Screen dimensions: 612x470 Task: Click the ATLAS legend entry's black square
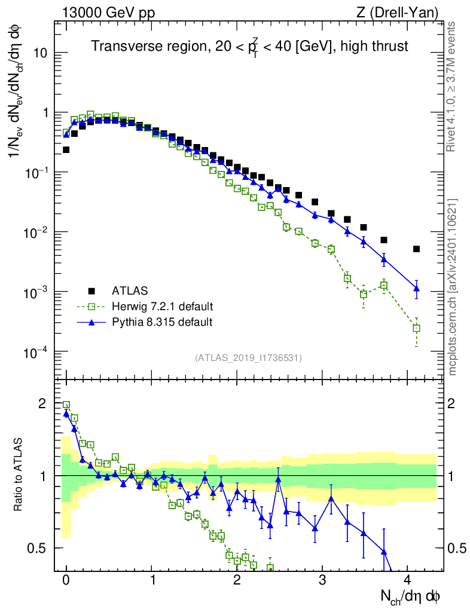coord(91,291)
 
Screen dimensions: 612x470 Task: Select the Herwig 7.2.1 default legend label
coord(163,307)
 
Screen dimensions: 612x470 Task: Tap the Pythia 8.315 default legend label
coord(163,322)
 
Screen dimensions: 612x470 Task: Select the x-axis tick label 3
coord(322,580)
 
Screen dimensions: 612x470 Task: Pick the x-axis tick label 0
coord(66,580)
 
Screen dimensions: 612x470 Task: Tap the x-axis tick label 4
coord(408,580)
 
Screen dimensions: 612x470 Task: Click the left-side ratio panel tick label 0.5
coord(38,547)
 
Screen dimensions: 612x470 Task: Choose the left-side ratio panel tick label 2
coord(42,403)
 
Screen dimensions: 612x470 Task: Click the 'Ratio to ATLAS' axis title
coord(18,475)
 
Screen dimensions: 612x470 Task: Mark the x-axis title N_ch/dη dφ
coord(411,596)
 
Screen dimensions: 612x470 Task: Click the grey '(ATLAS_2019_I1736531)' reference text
coord(248,358)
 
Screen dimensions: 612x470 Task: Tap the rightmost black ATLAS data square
coord(416,249)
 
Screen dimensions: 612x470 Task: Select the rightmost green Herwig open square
coord(416,328)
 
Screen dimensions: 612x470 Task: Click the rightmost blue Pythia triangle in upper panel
coord(416,289)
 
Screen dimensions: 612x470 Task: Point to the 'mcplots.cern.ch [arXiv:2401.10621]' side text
coord(453,287)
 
